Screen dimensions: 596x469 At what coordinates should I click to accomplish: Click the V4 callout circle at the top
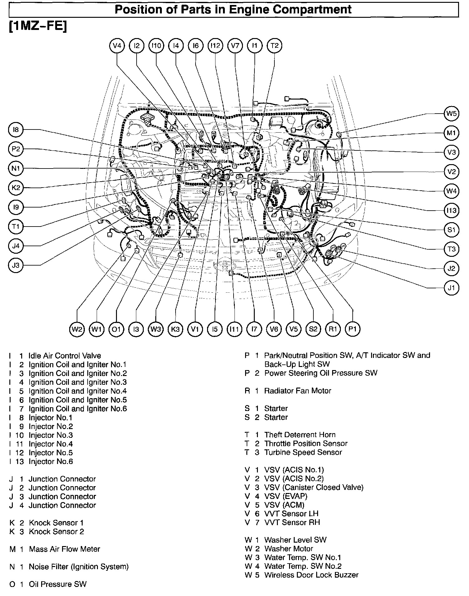(117, 46)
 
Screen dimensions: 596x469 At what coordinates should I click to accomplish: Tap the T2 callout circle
(274, 46)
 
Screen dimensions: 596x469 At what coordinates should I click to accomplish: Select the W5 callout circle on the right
(451, 114)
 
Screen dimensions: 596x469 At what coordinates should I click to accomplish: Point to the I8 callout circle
(16, 130)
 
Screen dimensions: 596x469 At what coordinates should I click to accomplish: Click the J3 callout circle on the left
(16, 265)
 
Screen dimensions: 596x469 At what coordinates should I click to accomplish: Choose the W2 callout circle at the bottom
(77, 329)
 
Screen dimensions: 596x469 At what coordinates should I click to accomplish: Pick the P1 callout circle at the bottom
(353, 329)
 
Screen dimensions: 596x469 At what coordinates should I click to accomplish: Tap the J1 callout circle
(451, 288)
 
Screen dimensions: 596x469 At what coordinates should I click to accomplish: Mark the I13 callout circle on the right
(451, 211)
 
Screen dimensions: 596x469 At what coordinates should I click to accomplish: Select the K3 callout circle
(175, 329)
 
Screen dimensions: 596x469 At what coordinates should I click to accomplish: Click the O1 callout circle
(116, 329)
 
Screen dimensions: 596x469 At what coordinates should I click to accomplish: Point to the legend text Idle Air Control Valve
(65, 356)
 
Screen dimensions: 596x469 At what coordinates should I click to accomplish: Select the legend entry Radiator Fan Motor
(297, 391)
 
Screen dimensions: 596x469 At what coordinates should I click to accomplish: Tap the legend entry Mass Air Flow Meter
(65, 549)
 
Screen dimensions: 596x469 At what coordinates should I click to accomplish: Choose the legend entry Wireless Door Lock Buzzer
(311, 575)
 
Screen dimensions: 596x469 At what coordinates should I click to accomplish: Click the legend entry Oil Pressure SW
(58, 584)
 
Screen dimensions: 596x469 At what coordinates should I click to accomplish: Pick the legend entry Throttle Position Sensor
(306, 443)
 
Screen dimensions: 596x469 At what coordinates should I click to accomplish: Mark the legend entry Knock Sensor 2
(56, 531)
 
